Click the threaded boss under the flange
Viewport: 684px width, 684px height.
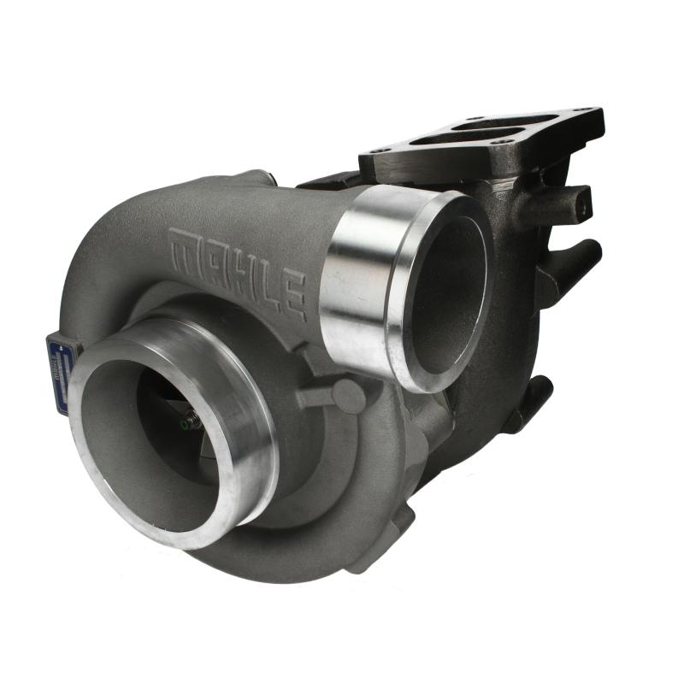pyautogui.click(x=581, y=203)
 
